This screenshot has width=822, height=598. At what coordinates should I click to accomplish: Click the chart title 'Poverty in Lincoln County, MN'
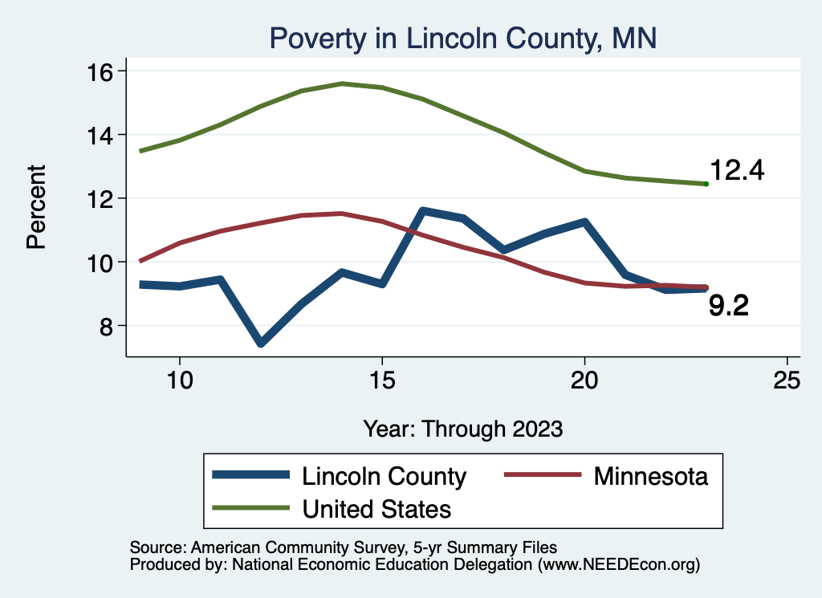coord(463,38)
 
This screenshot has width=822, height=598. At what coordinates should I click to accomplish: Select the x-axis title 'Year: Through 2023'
coord(462,428)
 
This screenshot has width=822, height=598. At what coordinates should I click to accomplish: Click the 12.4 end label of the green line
coord(737,171)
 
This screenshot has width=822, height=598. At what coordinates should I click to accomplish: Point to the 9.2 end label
coord(729,306)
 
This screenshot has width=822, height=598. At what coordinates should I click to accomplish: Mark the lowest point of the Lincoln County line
coord(261,344)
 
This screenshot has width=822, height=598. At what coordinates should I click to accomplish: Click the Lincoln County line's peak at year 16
coord(423,211)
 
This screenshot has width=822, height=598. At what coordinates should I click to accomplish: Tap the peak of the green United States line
coord(342,83)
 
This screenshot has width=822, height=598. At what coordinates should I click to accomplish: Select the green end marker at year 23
coord(706,184)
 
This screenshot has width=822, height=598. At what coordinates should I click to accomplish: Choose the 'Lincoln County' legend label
coord(384,477)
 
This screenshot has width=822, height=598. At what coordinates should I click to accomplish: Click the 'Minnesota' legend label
coord(651,477)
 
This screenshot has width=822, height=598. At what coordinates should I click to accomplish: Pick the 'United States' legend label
coord(376,508)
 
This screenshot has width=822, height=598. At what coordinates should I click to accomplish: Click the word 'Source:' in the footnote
coord(156,547)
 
